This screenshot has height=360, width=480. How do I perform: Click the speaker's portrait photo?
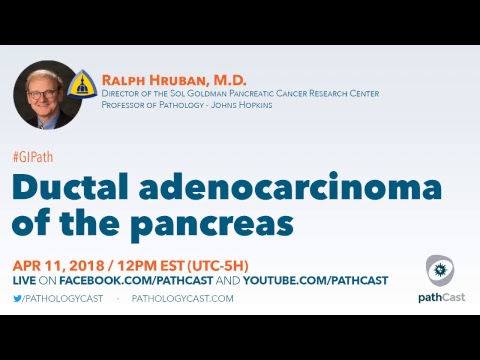tap(47, 94)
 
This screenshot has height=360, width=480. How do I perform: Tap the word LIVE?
tap(24, 282)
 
